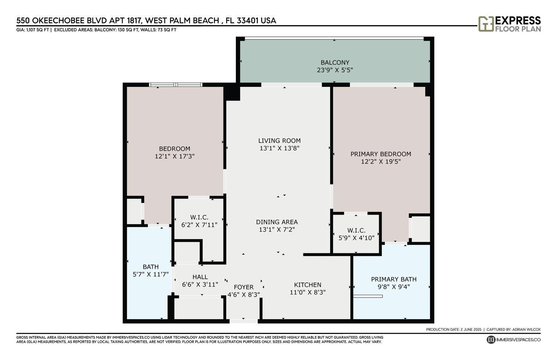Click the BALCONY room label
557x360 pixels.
335,62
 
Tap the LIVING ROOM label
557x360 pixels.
279,141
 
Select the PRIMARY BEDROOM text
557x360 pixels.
381,154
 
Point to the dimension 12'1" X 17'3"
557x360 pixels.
175,156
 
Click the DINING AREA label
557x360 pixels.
277,222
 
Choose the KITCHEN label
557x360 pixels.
307,285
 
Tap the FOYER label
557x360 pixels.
244,287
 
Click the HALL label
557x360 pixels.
200,277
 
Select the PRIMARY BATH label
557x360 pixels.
394,279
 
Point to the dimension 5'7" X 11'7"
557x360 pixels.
151,274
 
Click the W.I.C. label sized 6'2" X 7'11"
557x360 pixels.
199,217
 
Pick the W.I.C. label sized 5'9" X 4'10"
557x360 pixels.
356,230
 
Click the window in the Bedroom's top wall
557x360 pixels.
176,85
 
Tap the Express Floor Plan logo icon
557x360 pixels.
486,24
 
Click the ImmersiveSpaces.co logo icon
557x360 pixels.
491,340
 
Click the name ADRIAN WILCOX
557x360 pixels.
526,330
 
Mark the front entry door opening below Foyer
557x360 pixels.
244,321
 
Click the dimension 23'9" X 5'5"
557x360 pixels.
335,70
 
